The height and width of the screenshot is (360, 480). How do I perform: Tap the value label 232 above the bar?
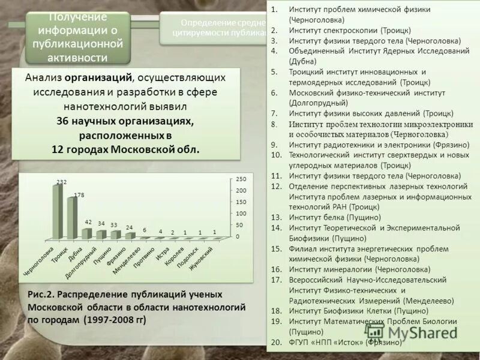point(61,181)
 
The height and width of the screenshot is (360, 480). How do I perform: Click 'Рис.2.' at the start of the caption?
point(42,295)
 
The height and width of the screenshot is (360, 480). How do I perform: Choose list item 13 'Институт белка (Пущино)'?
point(335,217)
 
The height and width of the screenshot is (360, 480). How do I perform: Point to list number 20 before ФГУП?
point(276,343)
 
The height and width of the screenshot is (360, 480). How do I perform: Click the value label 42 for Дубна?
point(89,222)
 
